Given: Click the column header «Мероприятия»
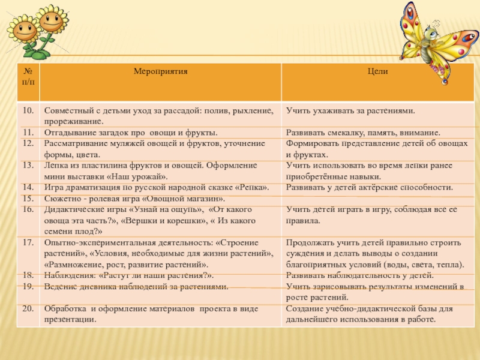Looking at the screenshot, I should [x=160, y=71].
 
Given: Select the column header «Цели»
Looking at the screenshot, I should [x=378, y=71].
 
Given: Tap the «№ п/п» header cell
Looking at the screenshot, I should [x=28, y=76].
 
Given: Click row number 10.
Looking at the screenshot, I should [x=28, y=111].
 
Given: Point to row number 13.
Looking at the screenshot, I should [x=28, y=164].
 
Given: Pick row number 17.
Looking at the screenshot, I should [x=28, y=242].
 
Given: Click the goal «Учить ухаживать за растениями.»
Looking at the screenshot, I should [x=350, y=111].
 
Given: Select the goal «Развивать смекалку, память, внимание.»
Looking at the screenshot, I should [x=363, y=132].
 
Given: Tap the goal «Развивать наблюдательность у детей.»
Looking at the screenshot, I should [x=359, y=275].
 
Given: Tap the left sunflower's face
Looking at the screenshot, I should [x=24, y=30].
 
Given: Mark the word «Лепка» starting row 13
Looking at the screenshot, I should [x=56, y=164].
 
